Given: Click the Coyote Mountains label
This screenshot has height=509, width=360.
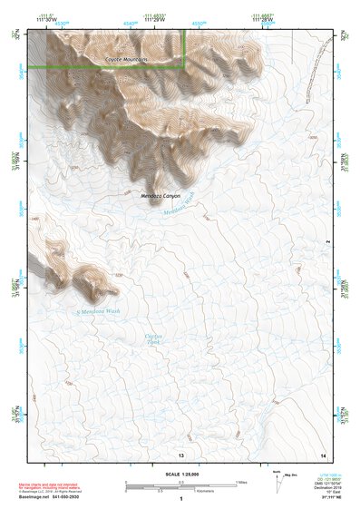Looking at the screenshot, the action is tap(126, 59).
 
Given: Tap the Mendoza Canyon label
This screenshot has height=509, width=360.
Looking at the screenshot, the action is tap(161, 195).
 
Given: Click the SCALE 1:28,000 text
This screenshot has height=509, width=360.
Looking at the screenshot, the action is tap(181, 475).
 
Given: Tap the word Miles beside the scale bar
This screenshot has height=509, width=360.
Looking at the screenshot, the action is tap(240, 481).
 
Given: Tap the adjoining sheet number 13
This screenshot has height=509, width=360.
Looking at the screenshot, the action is tap(181, 453).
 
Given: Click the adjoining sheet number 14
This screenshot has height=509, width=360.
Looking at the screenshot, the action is tap(323, 453).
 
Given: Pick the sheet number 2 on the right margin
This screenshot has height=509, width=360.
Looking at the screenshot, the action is tap(327, 241).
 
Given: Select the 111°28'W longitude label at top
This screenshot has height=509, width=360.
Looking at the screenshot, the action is tap(262, 20).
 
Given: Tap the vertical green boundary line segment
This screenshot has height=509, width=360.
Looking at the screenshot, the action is tap(186, 47).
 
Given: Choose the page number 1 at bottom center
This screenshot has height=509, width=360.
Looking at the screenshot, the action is tap(181, 499).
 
